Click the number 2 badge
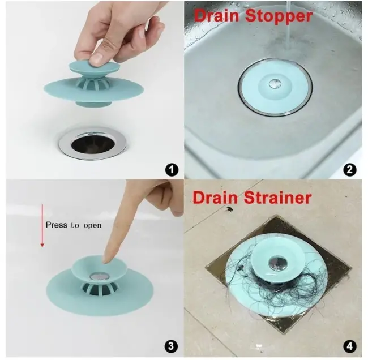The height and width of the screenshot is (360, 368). pyautogui.click(x=350, y=168)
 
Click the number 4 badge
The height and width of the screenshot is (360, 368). pyautogui.click(x=350, y=346)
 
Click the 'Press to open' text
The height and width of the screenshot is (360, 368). pyautogui.click(x=74, y=225)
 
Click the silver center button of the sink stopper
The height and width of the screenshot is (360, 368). pyautogui.click(x=274, y=84)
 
